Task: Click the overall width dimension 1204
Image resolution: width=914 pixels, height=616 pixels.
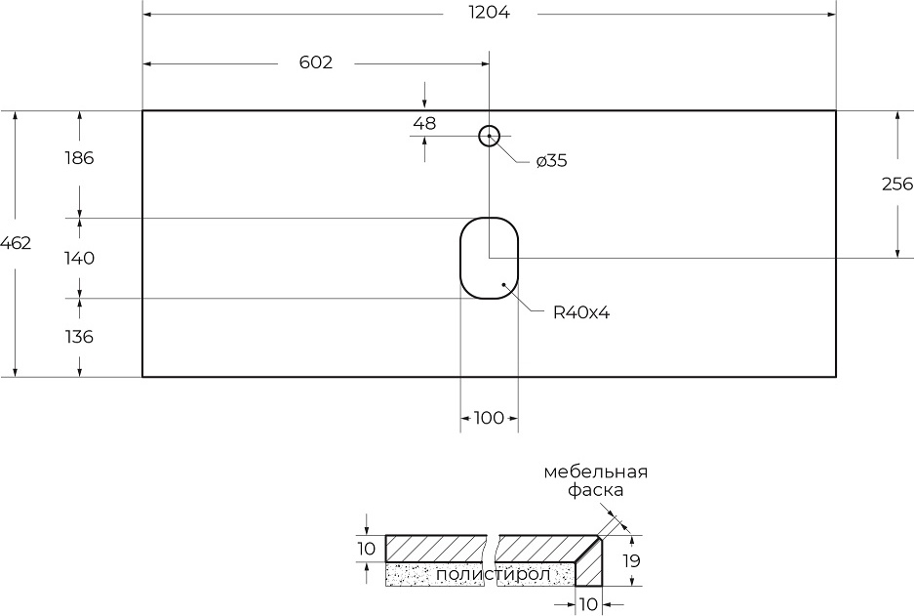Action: pyautogui.click(x=489, y=13)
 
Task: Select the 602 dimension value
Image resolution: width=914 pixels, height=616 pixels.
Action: pyautogui.click(x=315, y=62)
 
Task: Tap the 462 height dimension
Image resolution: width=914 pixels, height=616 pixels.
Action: pyautogui.click(x=16, y=243)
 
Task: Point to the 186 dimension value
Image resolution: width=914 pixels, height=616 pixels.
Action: pyautogui.click(x=79, y=158)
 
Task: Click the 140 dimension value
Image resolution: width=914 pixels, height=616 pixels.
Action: pyautogui.click(x=79, y=259)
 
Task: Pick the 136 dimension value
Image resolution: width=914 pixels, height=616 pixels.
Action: pyautogui.click(x=79, y=337)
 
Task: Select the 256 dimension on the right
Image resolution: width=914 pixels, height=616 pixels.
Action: pyautogui.click(x=896, y=184)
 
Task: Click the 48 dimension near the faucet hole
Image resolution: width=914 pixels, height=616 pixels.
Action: pyautogui.click(x=424, y=123)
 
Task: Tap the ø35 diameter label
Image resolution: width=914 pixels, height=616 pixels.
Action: pyautogui.click(x=551, y=161)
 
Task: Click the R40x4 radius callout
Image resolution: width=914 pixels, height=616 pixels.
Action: pyautogui.click(x=581, y=312)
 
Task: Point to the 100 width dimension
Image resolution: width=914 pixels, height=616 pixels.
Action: pyautogui.click(x=489, y=418)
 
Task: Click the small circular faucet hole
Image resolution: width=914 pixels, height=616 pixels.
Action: pyautogui.click(x=489, y=136)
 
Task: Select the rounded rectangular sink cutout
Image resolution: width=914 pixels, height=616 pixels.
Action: pyautogui.click(x=489, y=258)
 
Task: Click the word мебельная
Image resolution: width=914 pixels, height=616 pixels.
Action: pyautogui.click(x=596, y=472)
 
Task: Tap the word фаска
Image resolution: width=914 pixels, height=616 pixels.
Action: pyautogui.click(x=596, y=491)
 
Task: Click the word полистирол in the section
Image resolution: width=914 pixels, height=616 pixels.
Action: pyautogui.click(x=493, y=574)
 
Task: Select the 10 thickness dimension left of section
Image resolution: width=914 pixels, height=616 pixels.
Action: pyautogui.click(x=366, y=549)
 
